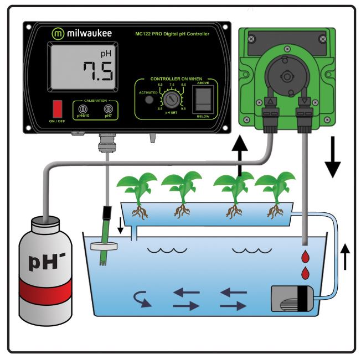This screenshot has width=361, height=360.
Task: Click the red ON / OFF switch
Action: [56, 108]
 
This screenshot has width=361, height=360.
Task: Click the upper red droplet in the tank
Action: [304, 255]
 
